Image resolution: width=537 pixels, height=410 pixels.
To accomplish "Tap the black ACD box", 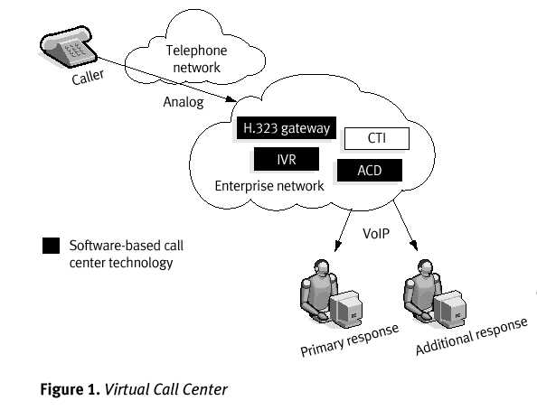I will coord(369,170).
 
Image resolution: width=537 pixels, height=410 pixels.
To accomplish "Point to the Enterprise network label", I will coord(268,186).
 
